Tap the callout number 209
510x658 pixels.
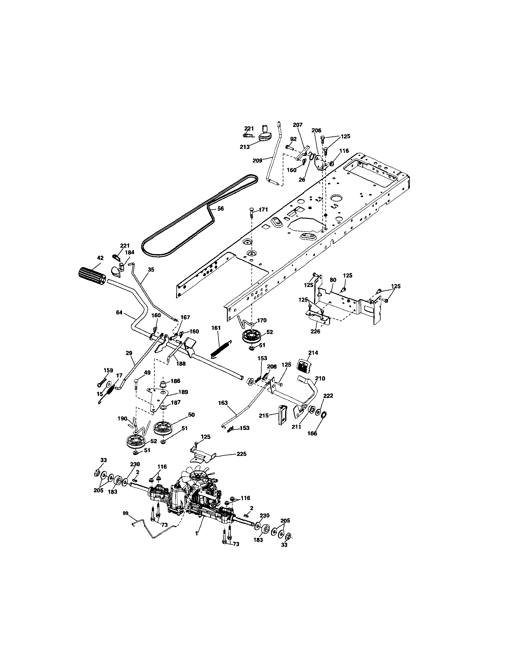coord(257,161)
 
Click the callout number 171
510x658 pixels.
coord(263,209)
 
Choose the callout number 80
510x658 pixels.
coord(333,280)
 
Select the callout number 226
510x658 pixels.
coord(315,331)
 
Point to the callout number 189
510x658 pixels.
coord(183,392)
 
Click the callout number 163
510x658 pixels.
coord(223,402)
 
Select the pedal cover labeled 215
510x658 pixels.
coord(283,415)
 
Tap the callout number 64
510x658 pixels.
coord(119,312)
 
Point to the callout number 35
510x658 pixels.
coord(151,270)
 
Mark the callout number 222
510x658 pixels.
coord(328,396)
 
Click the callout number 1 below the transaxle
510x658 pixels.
coord(196,533)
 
